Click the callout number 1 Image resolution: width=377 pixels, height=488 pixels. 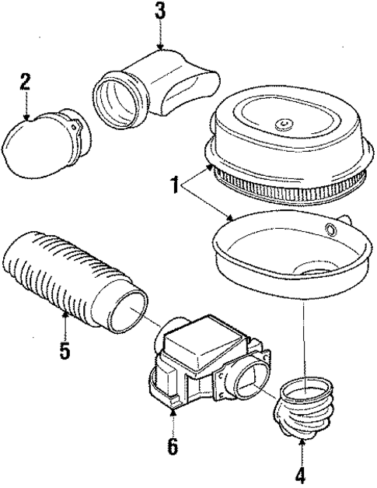pos(176,185)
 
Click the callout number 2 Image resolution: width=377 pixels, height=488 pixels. pos(25,83)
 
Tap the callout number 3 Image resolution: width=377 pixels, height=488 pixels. pos(160,11)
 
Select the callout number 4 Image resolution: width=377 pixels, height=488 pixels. pos(300,476)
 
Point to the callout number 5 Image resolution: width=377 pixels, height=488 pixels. pos(65,350)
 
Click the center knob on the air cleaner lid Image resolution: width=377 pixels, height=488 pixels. pos(283,125)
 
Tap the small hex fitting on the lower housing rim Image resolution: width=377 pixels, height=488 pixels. pos(330,229)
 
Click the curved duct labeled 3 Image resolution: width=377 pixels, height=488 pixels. pos(155,86)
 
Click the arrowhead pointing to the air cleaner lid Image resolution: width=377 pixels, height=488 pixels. pos(211,168)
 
